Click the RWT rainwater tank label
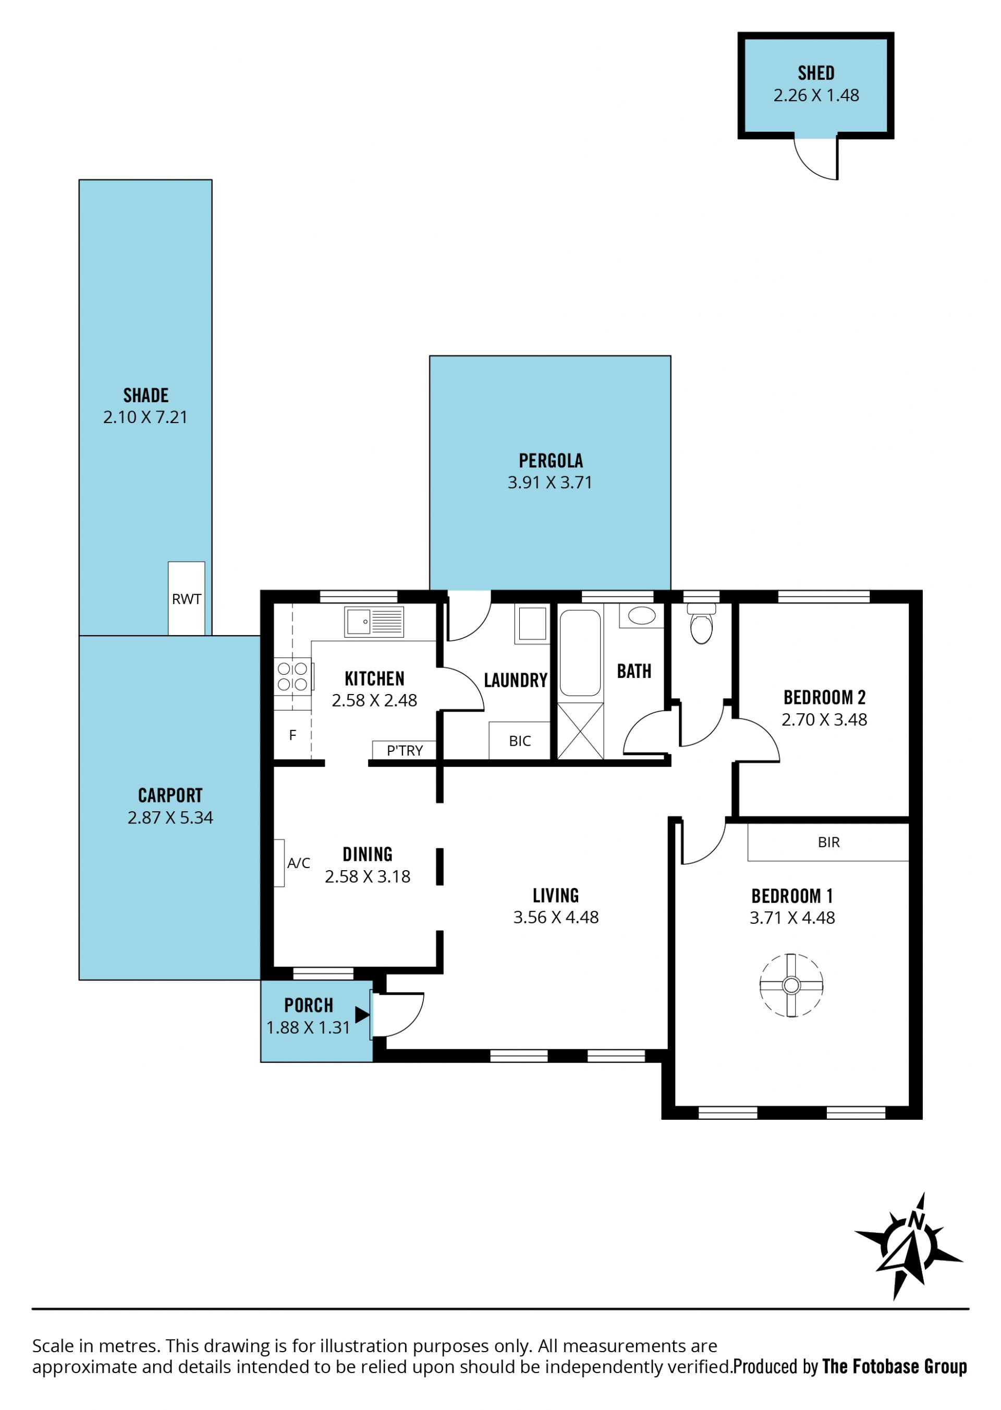186,599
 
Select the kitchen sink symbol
374,622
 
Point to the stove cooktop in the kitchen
294,676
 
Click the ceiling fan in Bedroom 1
791,985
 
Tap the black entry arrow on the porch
362,1015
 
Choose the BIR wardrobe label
828,842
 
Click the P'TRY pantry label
405,750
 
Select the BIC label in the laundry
520,741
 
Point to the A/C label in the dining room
299,863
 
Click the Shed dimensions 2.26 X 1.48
816,95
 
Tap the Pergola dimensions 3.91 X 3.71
550,483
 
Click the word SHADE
146,395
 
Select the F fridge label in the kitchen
293,735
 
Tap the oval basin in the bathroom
642,615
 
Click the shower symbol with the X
580,730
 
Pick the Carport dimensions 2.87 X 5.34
170,818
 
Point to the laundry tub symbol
532,625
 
